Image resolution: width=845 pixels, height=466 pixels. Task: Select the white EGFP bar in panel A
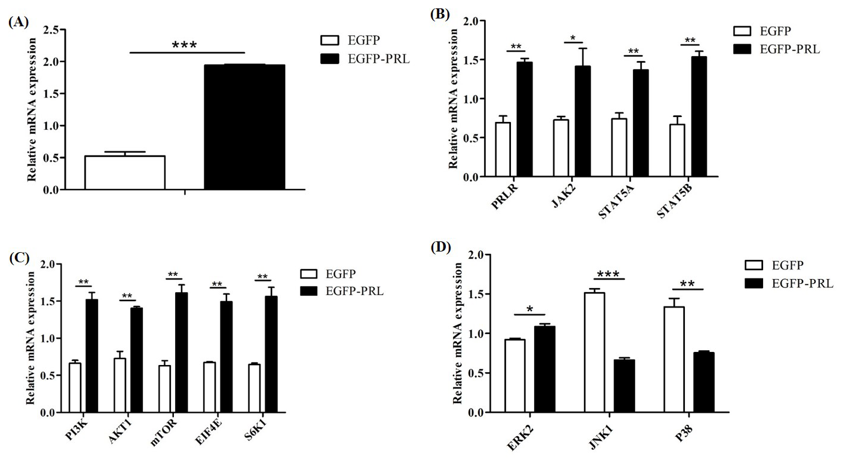125,173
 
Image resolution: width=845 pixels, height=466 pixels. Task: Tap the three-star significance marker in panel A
184,45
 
